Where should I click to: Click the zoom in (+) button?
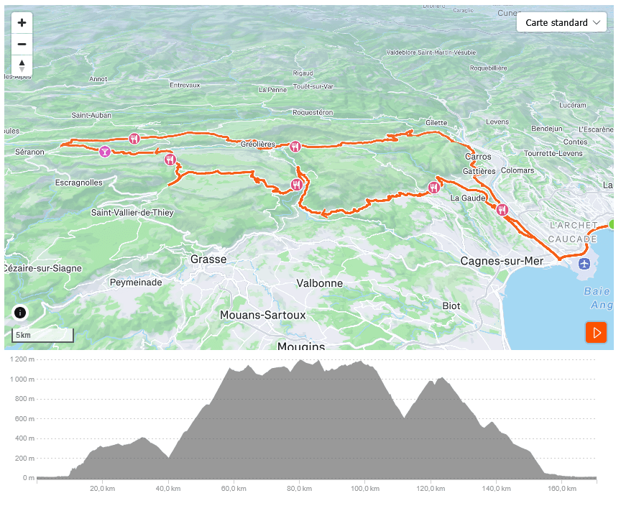(22, 22)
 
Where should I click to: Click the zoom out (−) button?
(22, 43)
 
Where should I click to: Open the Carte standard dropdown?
(562, 23)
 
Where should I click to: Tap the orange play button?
(596, 332)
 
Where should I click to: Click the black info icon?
(20, 313)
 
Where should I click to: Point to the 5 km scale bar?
(43, 336)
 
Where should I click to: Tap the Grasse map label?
(208, 259)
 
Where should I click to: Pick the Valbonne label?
(319, 283)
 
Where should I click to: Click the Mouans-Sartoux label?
(262, 315)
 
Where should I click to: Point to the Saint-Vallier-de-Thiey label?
(132, 213)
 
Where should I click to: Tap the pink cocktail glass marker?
(105, 152)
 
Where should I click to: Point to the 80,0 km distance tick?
(298, 489)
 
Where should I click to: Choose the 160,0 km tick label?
(562, 489)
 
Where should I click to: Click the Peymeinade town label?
(136, 282)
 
